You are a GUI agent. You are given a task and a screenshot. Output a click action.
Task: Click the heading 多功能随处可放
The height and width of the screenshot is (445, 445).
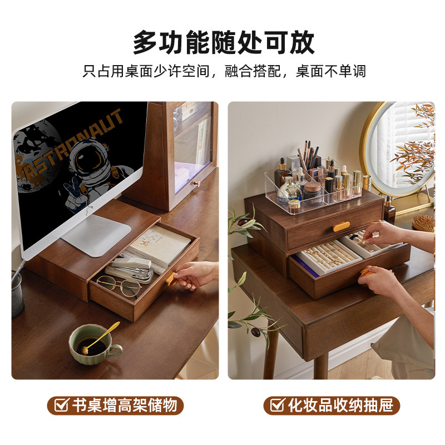[223, 42]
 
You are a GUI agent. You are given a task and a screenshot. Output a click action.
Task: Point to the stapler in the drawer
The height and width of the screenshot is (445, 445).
[129, 269]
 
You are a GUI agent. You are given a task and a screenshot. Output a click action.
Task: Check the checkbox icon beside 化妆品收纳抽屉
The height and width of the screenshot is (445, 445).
[277, 405]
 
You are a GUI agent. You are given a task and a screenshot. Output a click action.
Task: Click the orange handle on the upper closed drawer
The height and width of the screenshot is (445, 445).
[342, 226]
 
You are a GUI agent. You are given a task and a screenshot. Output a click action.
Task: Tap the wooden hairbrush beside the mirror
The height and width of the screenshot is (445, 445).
[423, 222]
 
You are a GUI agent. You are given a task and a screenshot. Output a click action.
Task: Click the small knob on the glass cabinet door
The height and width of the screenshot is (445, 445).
[196, 183]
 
